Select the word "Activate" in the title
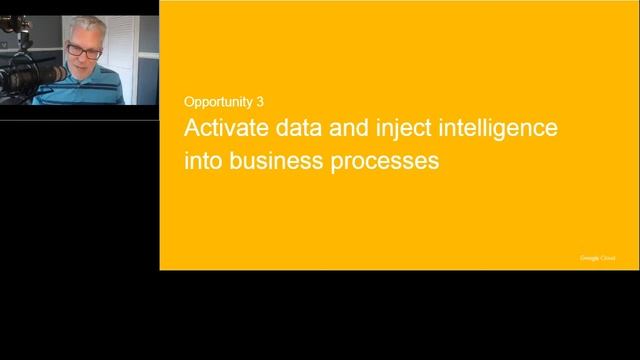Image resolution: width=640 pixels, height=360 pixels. pos(224,130)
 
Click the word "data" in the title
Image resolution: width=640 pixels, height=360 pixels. pos(293,130)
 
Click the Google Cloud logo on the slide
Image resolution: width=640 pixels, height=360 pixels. pos(598,258)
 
